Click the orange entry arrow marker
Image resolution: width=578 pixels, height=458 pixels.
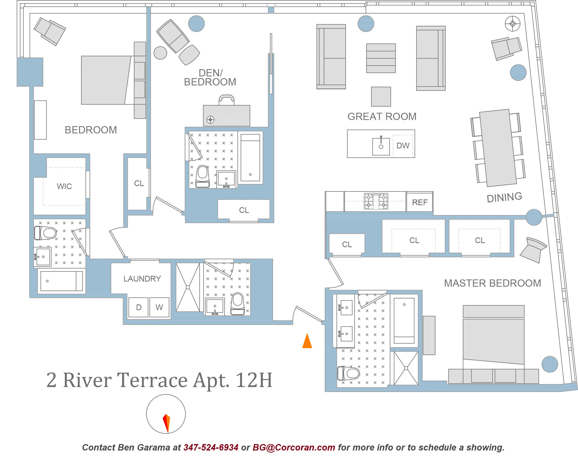tap(307, 341)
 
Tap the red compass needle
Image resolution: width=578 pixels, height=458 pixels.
tap(166, 423)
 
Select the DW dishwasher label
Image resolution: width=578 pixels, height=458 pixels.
tap(403, 146)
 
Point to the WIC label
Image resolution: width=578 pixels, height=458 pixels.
tap(64, 186)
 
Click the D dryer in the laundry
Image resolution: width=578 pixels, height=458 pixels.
tap(138, 307)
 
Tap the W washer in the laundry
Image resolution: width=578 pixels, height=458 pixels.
tap(159, 307)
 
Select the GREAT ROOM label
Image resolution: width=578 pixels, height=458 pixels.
tap(382, 116)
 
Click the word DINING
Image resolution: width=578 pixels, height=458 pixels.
tap(504, 197)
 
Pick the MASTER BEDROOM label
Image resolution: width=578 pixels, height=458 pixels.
tap(492, 283)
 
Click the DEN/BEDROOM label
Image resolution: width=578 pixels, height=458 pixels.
tap(210, 77)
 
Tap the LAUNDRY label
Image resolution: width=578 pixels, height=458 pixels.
tap(142, 279)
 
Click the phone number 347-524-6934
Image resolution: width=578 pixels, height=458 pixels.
tap(211, 447)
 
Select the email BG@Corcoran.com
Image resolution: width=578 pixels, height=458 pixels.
tap(294, 447)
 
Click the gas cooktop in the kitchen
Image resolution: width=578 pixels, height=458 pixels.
tap(376, 201)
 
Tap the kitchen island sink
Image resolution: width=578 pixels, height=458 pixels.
tap(381, 146)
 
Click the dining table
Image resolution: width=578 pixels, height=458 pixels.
tap(498, 148)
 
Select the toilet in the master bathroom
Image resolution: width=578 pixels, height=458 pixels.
tap(348, 373)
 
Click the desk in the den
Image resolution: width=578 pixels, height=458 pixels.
tap(226, 116)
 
